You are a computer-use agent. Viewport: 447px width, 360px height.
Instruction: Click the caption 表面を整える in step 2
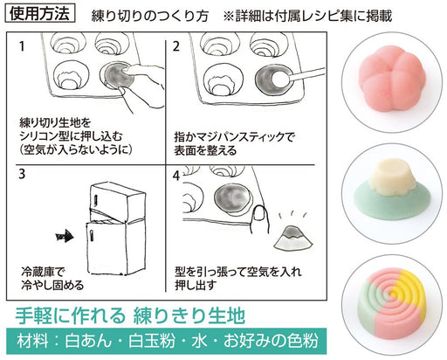[x=208, y=148]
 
